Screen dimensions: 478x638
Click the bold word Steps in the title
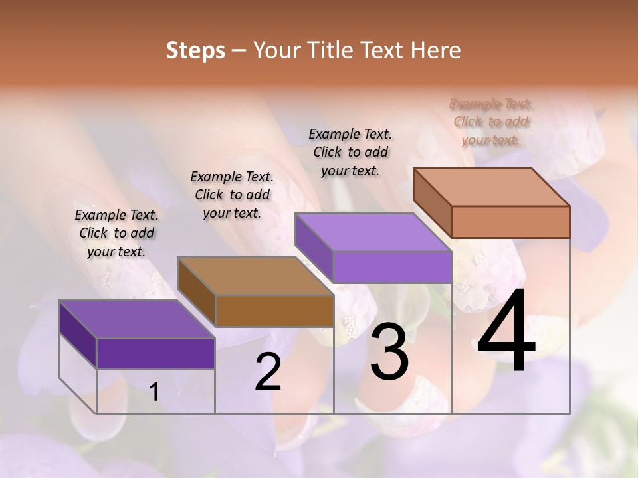click(x=195, y=50)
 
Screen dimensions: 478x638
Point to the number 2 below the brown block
click(x=268, y=372)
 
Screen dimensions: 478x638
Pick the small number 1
click(x=154, y=392)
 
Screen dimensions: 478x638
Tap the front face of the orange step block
click(x=510, y=222)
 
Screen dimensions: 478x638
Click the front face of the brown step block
click(x=274, y=311)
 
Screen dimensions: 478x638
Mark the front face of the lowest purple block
click(x=156, y=353)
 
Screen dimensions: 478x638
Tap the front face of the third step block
click(x=392, y=267)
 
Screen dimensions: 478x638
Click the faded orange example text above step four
click(x=490, y=122)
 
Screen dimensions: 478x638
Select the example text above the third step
click(x=350, y=152)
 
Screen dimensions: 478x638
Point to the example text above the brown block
click(x=232, y=195)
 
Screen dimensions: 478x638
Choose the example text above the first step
click(x=116, y=233)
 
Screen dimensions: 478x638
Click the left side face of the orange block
click(x=432, y=202)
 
